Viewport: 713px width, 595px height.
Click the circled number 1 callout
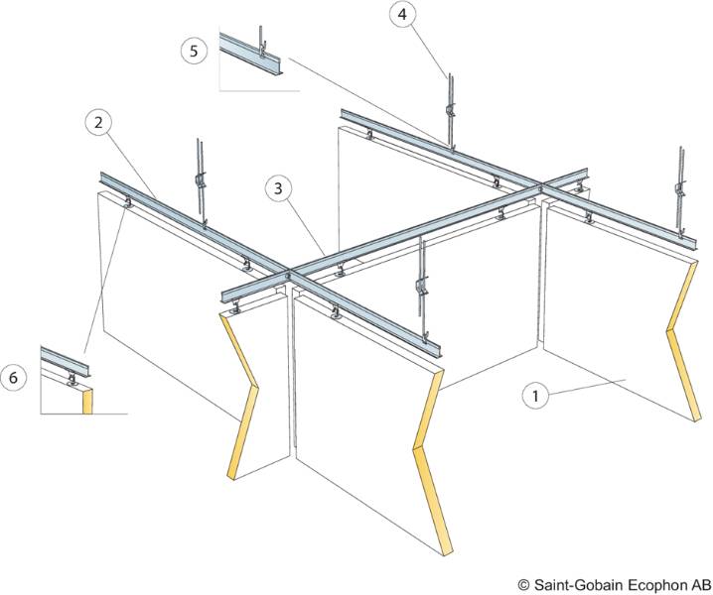coord(535,395)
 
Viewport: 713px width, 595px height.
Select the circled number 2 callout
coord(96,123)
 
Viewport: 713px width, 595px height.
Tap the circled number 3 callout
coord(281,186)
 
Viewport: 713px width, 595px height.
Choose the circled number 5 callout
coord(194,50)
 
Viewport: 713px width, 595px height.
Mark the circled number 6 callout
coord(13,377)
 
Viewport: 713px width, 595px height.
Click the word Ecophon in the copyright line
coord(649,584)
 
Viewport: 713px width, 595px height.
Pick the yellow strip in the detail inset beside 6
coord(87,400)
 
